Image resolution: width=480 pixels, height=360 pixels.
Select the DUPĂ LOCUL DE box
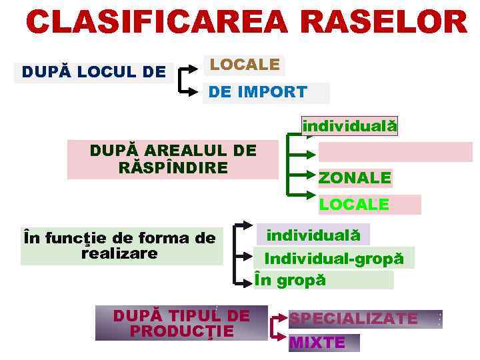[x=94, y=72]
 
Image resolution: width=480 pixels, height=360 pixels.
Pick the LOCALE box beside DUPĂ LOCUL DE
[x=244, y=65]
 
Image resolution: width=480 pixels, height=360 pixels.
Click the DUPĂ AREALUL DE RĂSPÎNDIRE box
[x=173, y=159]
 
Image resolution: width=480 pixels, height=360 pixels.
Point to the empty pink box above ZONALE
[x=395, y=152]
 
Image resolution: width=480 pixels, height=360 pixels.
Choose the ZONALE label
[x=355, y=178]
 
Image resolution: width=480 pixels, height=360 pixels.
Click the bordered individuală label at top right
[x=349, y=126]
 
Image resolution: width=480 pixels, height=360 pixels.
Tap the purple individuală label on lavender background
[x=313, y=235]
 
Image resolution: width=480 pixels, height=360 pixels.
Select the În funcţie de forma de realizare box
[x=121, y=246]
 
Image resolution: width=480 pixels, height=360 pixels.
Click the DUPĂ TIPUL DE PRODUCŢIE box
[x=181, y=323]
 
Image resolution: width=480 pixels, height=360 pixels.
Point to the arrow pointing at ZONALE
[x=304, y=176]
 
